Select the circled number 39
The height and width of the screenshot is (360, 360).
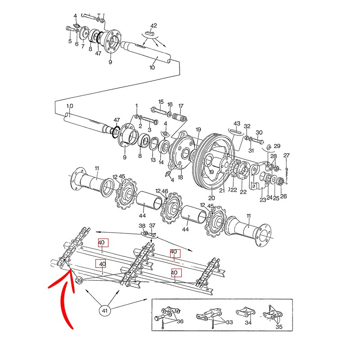(x=80, y=280)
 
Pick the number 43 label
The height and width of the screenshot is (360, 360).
(x=237, y=123)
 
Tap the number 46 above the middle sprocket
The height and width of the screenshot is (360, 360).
(x=165, y=192)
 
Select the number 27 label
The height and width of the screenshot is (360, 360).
(x=287, y=156)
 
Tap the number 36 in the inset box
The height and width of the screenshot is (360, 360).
(x=180, y=321)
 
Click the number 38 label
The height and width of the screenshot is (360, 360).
(x=142, y=225)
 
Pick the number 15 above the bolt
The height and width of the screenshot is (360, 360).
(x=161, y=102)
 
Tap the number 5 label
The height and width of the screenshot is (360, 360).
(x=70, y=42)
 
